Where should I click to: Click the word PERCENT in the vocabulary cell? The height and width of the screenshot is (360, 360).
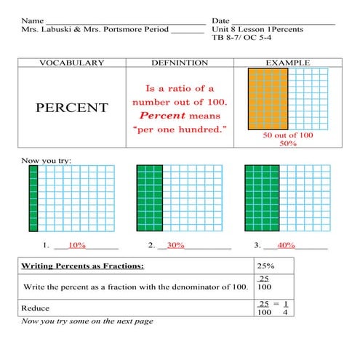71,108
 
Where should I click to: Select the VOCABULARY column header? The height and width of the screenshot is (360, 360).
71,63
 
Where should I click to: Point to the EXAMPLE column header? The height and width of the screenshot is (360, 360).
288,63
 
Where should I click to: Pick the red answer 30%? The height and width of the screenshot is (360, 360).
175,245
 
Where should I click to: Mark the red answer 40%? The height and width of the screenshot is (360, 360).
286,245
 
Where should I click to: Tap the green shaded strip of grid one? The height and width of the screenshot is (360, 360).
33,198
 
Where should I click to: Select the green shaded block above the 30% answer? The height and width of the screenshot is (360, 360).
150,198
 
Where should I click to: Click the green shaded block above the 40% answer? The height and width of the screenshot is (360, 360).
262,198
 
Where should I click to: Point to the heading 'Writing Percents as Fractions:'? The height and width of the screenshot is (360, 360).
82,265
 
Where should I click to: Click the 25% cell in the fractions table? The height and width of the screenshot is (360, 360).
265,265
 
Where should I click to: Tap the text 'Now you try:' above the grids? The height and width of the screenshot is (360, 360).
45,159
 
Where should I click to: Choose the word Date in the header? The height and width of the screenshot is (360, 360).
221,20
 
